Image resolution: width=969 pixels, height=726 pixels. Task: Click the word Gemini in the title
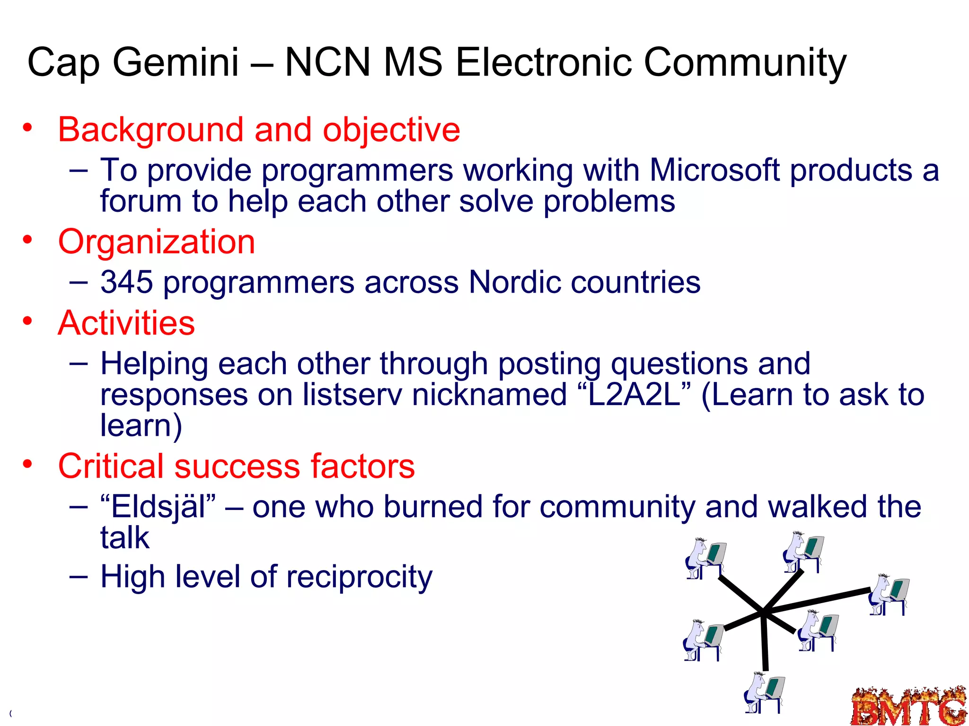pos(176,62)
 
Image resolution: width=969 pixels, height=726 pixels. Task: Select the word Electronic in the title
pos(543,62)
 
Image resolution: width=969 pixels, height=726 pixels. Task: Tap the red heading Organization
pos(156,242)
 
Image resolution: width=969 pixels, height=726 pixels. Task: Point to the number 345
pos(126,282)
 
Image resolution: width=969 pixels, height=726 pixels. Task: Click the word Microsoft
pos(714,170)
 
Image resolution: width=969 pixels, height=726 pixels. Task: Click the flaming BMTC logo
pos(909,706)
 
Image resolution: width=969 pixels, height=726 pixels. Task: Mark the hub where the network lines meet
pos(764,613)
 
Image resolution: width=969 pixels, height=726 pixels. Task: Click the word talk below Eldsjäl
pos(125,537)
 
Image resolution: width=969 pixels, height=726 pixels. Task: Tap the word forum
pos(141,201)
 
